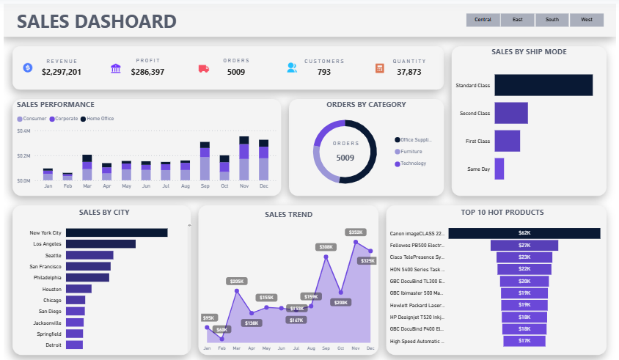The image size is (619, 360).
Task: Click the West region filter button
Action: tap(587, 20)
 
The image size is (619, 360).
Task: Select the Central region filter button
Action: tap(483, 20)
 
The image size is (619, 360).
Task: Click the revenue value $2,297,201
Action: tap(62, 72)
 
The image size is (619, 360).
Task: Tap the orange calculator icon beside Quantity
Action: tap(380, 68)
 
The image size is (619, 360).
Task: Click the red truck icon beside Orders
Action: tap(204, 68)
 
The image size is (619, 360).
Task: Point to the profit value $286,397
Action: tap(147, 72)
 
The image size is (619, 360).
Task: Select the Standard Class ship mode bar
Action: tap(543, 85)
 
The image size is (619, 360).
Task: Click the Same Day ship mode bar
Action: tap(499, 169)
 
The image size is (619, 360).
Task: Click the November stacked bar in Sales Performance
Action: tap(243, 158)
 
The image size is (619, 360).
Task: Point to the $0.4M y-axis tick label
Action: tap(23, 131)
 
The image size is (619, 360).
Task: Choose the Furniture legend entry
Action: tap(411, 151)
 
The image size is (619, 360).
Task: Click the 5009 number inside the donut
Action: tap(345, 158)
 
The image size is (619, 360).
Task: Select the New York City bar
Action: tap(117, 232)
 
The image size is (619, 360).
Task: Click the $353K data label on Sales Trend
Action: tap(356, 232)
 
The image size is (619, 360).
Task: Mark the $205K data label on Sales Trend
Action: tap(236, 282)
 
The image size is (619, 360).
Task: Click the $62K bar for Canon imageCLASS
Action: tap(524, 233)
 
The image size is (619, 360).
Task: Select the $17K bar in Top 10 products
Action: tap(524, 341)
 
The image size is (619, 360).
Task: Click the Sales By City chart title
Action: tap(102, 213)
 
